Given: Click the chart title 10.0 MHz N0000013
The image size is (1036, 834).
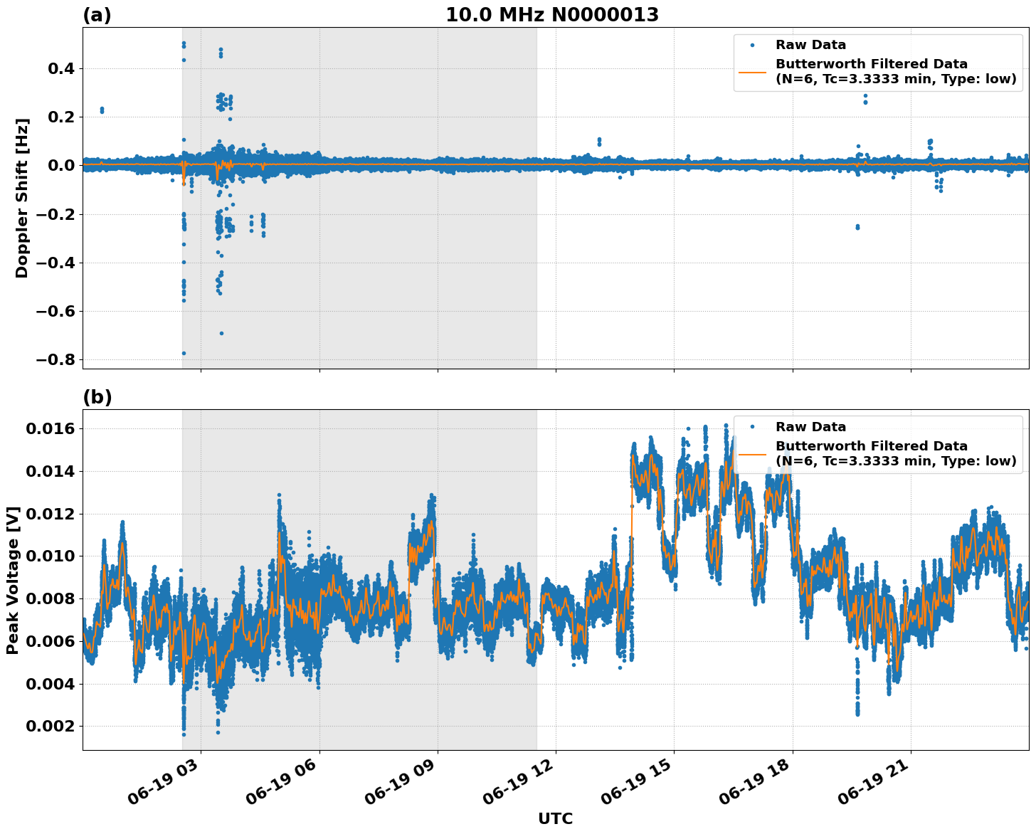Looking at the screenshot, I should (x=552, y=15).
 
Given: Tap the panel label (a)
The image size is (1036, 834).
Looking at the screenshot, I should (x=97, y=15).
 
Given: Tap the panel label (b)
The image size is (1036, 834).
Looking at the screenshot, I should (x=97, y=397).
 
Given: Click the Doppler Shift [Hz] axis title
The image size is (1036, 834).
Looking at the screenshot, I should (x=22, y=198).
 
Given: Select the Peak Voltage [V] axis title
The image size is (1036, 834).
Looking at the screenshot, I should (x=12, y=580).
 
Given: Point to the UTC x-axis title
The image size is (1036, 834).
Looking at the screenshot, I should (x=555, y=818).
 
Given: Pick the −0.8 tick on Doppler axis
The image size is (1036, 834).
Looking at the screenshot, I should (x=55, y=360).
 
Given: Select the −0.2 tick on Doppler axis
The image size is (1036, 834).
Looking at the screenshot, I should (x=55, y=214).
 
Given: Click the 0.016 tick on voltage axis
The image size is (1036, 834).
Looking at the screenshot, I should (x=51, y=428).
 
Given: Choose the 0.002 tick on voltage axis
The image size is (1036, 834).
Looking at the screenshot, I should (x=51, y=727).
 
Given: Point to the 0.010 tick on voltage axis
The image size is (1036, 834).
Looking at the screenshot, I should (x=51, y=556).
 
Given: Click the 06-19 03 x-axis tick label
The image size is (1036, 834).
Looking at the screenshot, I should (x=163, y=787).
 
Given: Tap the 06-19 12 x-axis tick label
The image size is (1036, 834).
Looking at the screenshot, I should (x=517, y=787).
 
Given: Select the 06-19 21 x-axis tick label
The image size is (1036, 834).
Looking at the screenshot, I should (x=872, y=787).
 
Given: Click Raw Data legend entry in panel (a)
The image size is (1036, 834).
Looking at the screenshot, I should (x=810, y=45).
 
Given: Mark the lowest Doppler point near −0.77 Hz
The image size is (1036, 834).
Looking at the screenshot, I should (x=184, y=353).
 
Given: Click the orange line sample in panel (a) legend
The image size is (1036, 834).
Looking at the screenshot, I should (x=752, y=72).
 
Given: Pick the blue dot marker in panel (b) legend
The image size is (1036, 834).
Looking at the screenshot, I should (x=752, y=427).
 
